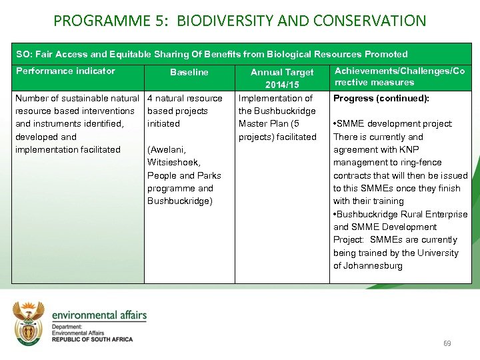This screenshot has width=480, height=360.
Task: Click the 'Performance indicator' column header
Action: click(x=65, y=71)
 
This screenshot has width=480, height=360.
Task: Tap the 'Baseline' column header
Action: click(x=189, y=72)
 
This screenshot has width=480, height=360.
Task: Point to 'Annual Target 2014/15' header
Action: click(x=282, y=79)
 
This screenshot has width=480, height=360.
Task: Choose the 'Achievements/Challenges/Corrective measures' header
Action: click(x=399, y=77)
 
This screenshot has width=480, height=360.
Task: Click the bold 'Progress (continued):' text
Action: click(x=381, y=99)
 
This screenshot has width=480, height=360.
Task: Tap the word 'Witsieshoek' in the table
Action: click(x=174, y=163)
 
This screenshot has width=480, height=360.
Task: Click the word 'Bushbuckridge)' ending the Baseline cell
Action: click(x=179, y=201)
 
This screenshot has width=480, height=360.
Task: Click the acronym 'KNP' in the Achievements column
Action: click(x=409, y=150)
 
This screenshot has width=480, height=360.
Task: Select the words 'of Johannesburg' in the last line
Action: click(x=368, y=266)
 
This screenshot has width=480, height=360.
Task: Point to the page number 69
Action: click(x=447, y=344)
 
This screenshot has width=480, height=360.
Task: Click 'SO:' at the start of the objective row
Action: click(x=24, y=54)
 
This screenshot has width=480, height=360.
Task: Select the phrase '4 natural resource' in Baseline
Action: click(x=185, y=99)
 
